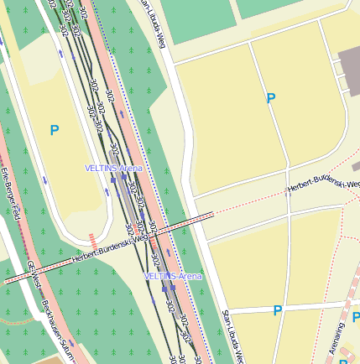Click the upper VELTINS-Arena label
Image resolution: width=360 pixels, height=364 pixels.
[x=113, y=168]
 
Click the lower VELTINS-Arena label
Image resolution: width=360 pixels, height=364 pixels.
[x=173, y=276]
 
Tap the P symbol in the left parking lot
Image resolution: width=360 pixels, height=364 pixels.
[x=55, y=130]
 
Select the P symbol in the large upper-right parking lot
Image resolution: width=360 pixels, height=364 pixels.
[x=270, y=99]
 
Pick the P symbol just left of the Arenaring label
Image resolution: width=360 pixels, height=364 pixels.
[x=277, y=311]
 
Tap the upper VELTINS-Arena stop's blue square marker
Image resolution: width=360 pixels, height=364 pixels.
[x=112, y=178]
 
